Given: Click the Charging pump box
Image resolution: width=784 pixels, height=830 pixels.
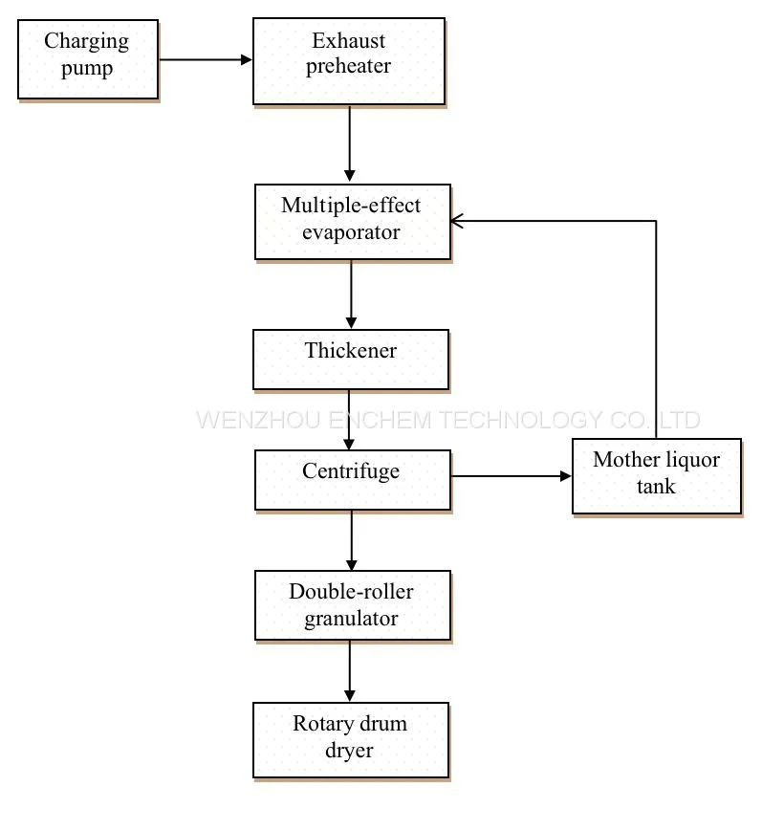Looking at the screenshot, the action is tap(88, 59).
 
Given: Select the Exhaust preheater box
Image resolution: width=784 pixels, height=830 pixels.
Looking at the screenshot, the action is tap(349, 61).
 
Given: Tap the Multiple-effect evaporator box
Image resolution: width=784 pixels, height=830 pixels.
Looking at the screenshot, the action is tap(353, 222).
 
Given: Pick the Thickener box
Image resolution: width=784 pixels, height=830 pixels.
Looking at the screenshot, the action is tap(351, 360).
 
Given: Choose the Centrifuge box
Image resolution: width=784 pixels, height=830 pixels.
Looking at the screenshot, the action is tap(353, 480).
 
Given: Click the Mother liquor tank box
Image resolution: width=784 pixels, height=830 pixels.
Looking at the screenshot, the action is tap(657, 476).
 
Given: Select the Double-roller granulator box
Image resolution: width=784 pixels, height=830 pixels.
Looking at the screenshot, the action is tap(353, 605).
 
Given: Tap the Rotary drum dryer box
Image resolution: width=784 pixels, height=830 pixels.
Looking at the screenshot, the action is tap(351, 740).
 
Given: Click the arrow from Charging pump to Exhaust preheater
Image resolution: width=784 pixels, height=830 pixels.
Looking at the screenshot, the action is tap(206, 59).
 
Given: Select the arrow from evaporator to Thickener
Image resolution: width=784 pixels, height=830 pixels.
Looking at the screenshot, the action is tap(351, 295).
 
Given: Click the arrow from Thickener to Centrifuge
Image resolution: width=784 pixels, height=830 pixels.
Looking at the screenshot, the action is tap(349, 420).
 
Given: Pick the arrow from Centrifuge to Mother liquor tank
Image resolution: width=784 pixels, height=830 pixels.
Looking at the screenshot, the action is tap(512, 476).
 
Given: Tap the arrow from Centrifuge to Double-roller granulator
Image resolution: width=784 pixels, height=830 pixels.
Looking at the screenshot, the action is tap(352, 540).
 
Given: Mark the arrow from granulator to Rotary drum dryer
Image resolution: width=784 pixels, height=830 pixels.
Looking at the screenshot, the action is tap(349, 671).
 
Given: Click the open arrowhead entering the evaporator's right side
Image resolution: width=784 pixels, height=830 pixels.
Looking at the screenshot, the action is tap(457, 221).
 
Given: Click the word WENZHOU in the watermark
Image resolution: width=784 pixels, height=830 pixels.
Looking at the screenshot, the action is tap(258, 421).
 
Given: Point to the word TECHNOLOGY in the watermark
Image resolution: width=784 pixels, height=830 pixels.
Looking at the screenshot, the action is tap(521, 421).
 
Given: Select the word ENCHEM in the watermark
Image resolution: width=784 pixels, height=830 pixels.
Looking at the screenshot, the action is tap(381, 421).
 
